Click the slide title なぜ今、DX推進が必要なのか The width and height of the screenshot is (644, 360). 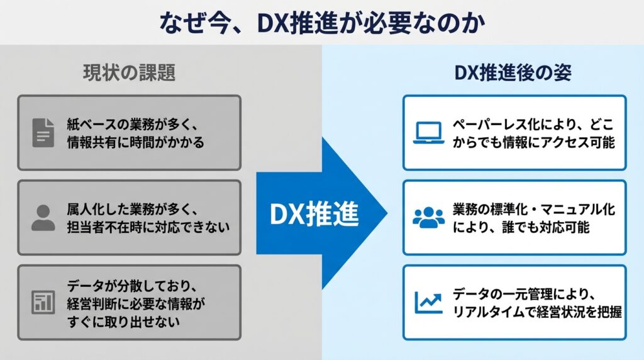[321, 23]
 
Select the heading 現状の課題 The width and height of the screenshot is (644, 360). [129, 73]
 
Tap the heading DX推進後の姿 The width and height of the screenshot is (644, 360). [513, 73]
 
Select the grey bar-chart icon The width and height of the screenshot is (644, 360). [43, 303]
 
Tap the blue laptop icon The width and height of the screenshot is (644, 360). [429, 133]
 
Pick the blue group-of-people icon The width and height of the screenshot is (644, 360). [429, 217]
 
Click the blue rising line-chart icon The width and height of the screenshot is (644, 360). [429, 302]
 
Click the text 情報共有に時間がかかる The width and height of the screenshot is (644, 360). [135, 142]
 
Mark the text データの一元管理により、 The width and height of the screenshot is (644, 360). [524, 294]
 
